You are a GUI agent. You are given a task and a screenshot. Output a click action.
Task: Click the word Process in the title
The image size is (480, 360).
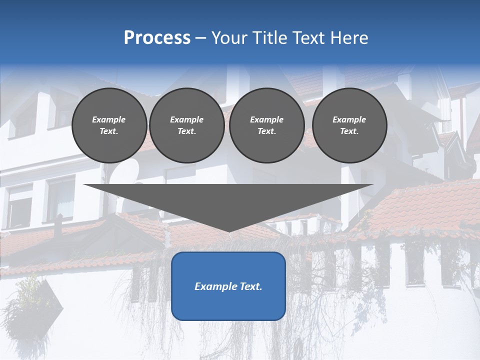point(157,38)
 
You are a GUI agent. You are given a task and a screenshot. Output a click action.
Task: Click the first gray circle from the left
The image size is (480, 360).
point(109,125)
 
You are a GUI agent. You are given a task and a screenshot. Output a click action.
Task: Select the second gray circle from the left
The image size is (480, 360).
point(187,125)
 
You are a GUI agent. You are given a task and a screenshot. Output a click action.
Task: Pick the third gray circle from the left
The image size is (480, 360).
point(267,125)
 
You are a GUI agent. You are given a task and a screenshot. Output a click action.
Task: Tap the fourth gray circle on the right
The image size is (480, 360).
point(349,125)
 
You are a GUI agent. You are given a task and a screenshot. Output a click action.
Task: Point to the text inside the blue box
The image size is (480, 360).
point(228,286)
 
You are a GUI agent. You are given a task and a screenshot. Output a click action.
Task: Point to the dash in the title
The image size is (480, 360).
point(201,38)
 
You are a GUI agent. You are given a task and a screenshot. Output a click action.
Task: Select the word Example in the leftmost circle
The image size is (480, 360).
point(109,119)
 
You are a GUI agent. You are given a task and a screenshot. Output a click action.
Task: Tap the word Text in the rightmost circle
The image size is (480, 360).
point(349,131)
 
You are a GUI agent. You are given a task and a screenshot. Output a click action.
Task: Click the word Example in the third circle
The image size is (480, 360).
point(267,119)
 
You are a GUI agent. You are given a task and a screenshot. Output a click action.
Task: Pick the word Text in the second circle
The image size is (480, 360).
point(187,131)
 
